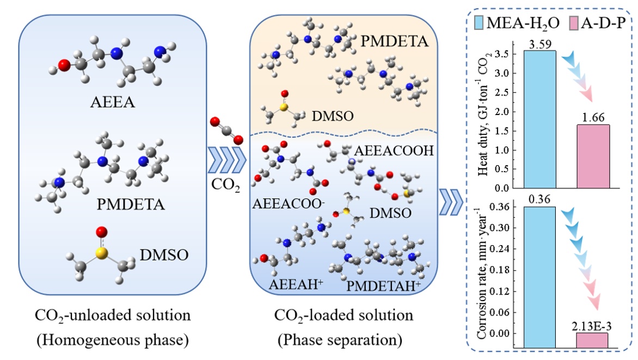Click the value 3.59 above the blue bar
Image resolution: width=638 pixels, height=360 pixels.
point(540,44)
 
